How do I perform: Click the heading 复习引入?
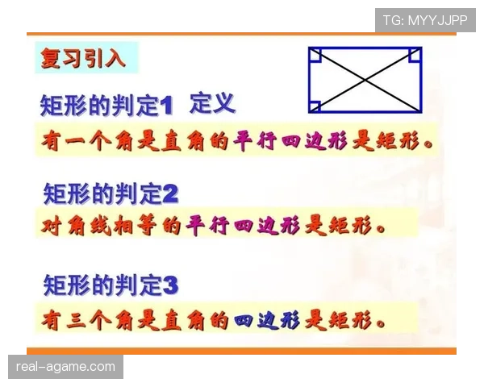click(x=84, y=58)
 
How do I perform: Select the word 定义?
click(x=212, y=103)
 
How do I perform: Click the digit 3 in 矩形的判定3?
click(x=169, y=285)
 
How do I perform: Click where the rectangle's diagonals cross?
click(x=365, y=80)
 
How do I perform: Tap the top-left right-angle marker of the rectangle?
click(x=315, y=55)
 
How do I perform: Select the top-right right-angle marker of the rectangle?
click(x=415, y=55)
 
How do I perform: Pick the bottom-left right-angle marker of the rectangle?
click(x=315, y=105)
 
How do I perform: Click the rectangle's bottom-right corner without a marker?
click(x=420, y=110)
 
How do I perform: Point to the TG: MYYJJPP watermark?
click(x=425, y=19)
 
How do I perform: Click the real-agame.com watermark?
click(x=67, y=367)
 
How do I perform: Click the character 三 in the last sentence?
click(x=79, y=320)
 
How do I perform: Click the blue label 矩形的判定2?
click(x=110, y=194)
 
